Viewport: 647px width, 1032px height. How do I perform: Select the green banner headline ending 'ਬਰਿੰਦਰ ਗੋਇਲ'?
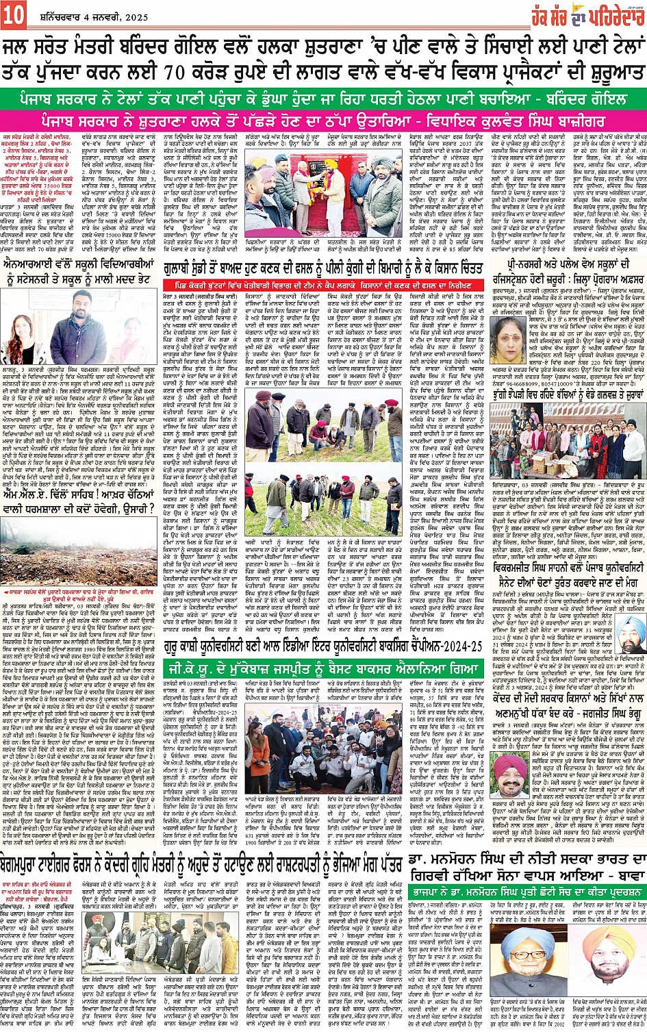pyautogui.click(x=323, y=99)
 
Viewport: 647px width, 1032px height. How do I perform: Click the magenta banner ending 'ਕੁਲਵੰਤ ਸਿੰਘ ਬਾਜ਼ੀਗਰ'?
pyautogui.click(x=323, y=121)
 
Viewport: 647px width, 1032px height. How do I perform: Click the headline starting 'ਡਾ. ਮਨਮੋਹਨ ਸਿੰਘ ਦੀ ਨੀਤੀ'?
pyautogui.click(x=527, y=864)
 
